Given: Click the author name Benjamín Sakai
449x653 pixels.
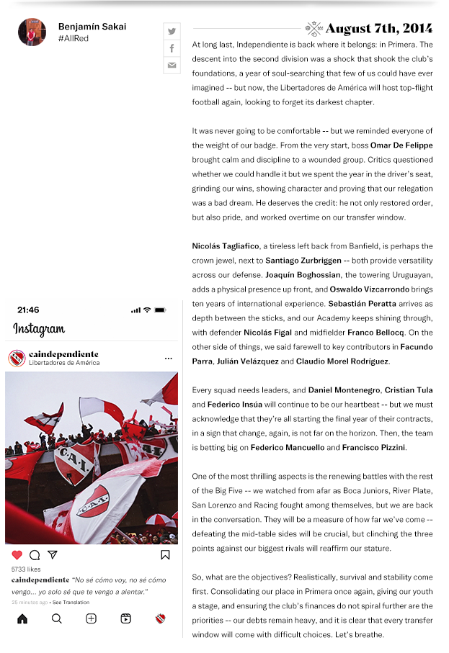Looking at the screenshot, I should [x=92, y=27].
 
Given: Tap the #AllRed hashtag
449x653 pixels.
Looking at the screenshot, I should [x=74, y=38].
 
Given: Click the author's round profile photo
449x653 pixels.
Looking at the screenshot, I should [x=32, y=32].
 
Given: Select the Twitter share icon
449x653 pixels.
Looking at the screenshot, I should [x=172, y=31].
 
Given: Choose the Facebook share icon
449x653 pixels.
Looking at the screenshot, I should [x=172, y=48].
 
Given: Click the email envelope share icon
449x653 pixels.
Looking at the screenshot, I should [x=172, y=66].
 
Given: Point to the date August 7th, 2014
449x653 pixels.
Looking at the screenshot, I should [x=378, y=29].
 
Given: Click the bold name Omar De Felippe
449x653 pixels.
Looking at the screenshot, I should [x=401, y=145].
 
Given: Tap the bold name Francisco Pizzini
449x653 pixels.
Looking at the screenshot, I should [x=374, y=448].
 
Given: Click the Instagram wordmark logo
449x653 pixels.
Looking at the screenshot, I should [x=39, y=330].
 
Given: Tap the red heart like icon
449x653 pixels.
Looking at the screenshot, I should [x=17, y=555].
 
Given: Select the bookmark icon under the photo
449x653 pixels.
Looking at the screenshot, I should [x=165, y=555].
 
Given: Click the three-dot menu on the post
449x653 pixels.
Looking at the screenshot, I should [x=168, y=359].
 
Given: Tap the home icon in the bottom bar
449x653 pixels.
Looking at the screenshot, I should [x=22, y=618].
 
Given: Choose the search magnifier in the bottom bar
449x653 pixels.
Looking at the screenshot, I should [x=56, y=618].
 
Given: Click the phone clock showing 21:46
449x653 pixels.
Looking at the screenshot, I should [x=28, y=310].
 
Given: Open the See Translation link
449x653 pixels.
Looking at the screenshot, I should [x=71, y=603].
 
